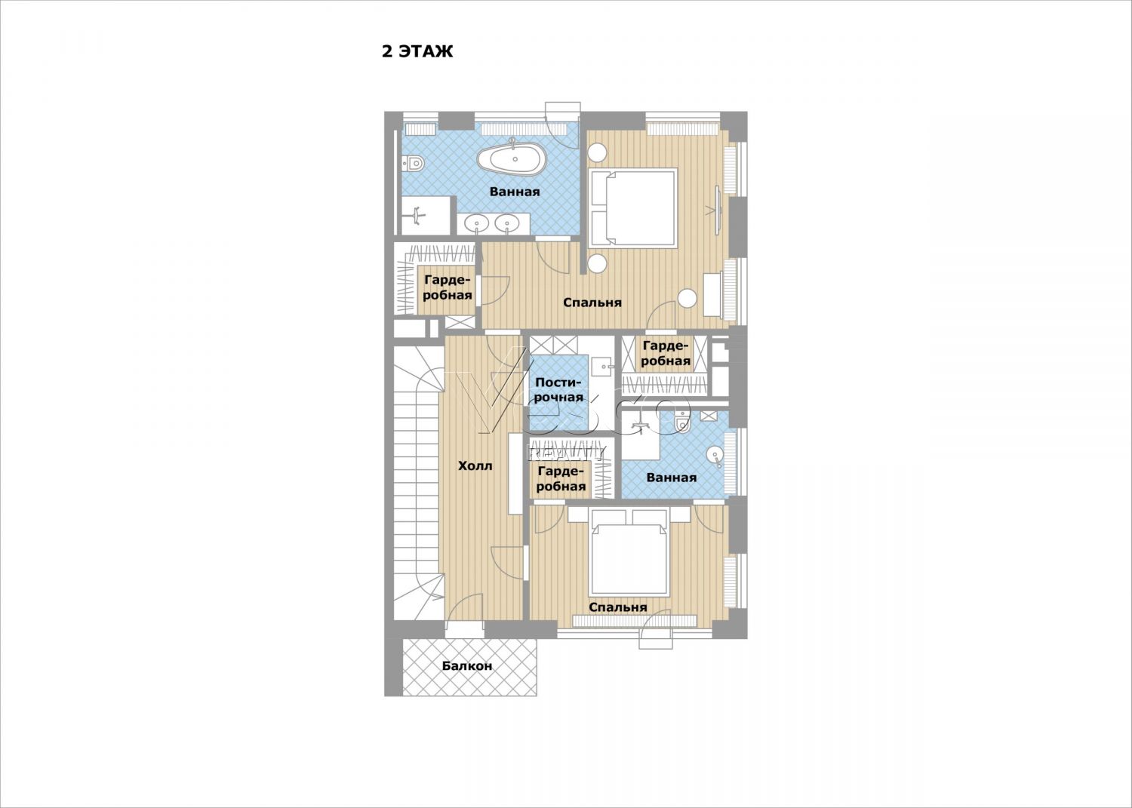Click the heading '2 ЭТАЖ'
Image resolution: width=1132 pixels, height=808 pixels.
pos(417,51)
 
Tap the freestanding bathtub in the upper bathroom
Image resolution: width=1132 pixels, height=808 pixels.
pos(512,158)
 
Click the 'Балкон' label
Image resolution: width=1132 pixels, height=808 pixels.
pos(467,666)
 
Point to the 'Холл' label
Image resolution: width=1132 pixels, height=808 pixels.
pos(475,465)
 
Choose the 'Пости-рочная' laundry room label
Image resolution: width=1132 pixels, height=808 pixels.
pos(558,389)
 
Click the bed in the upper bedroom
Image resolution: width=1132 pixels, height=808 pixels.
pos(633,207)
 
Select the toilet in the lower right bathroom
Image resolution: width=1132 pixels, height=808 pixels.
pos(682,423)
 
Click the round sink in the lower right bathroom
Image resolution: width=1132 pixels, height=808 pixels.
pos(715,455)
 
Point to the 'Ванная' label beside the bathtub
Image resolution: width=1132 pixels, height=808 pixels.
pos(515,192)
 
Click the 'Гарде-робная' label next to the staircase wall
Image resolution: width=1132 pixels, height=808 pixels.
pos(448,287)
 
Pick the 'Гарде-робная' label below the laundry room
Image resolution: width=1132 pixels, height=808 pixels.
pos(561,479)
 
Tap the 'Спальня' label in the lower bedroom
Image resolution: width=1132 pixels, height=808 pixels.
pos(617,607)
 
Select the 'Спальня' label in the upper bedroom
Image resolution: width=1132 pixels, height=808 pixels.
pos(592,303)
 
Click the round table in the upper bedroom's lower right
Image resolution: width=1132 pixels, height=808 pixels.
pos(688,298)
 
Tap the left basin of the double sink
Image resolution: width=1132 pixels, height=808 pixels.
pos(122,223)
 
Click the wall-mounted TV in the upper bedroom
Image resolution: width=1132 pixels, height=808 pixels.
pos(717,210)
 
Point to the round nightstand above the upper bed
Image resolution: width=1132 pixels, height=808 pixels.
pos(598,152)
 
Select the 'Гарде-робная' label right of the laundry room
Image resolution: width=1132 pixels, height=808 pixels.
pos(666,353)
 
